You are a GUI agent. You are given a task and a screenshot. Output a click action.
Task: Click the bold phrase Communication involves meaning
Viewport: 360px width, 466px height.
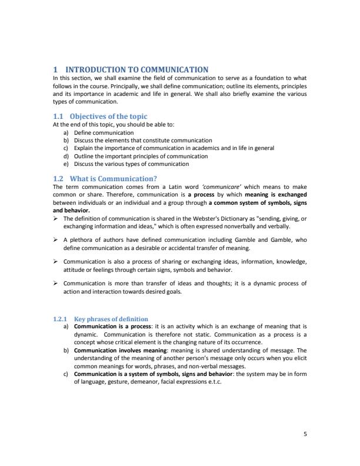[111, 349]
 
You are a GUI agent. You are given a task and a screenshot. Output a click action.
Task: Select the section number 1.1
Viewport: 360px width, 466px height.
[59, 116]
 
